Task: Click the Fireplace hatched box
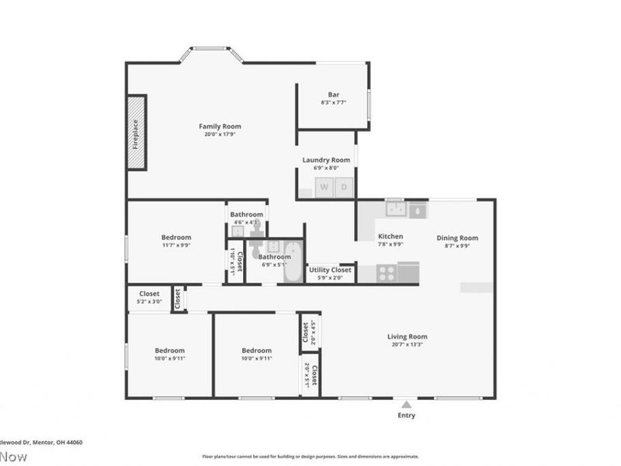[x=137, y=132]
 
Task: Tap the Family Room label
[x=220, y=127]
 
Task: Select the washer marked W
[x=324, y=187]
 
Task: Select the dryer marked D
[x=345, y=187]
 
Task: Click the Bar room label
[x=333, y=95]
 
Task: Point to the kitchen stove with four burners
[x=387, y=273]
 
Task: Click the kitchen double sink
[x=396, y=209]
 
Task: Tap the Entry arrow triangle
[x=406, y=404]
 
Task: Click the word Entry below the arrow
[x=406, y=416]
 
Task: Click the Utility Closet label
[x=330, y=270]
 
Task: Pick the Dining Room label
[x=456, y=238]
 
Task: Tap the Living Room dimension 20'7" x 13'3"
[x=408, y=346]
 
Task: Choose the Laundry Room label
[x=326, y=160]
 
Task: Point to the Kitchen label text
[x=390, y=236]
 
